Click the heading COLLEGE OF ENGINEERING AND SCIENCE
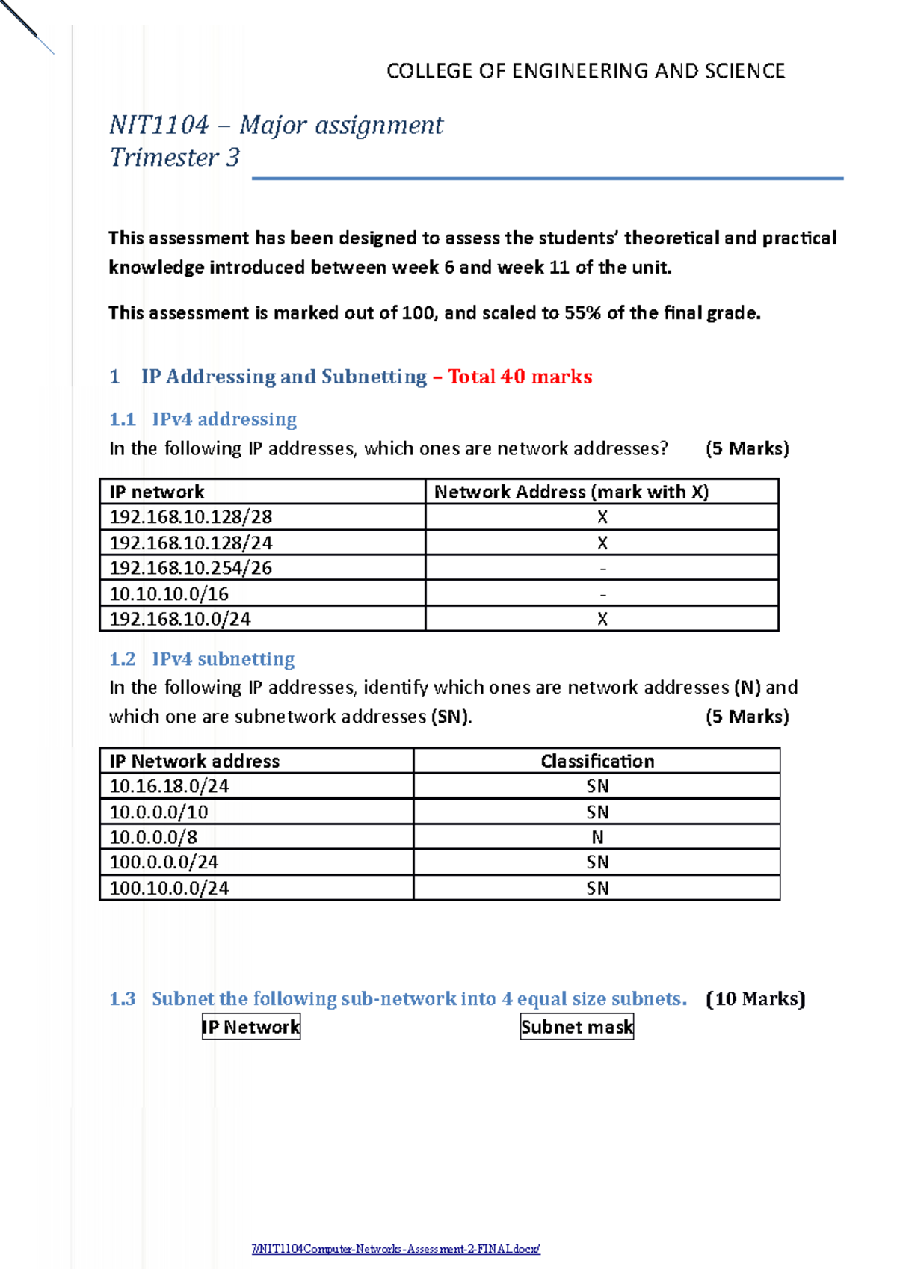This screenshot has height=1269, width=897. point(585,71)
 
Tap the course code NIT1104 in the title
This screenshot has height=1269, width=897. point(158,125)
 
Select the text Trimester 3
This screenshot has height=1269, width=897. point(174,158)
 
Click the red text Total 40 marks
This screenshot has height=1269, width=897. point(520,377)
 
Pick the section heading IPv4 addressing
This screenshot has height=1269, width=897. point(224,419)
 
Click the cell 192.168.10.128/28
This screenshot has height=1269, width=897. point(191,517)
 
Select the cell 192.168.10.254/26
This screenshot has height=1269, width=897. point(191,568)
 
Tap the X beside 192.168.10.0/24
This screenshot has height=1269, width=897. point(602,619)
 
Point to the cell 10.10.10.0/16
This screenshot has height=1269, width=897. point(169,594)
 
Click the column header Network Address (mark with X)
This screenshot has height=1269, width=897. point(571,492)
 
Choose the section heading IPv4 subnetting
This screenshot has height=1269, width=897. point(223,659)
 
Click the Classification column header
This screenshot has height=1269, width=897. point(597,761)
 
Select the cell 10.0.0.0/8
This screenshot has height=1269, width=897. point(153,837)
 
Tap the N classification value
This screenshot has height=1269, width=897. point(597,837)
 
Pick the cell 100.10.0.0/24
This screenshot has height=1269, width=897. point(169,888)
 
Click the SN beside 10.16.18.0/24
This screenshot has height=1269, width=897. point(597,786)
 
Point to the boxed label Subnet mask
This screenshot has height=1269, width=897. point(577,1027)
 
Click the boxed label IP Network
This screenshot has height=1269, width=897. point(251,1027)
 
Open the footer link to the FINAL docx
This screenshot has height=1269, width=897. point(395,1249)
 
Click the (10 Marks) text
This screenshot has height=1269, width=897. point(755,999)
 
